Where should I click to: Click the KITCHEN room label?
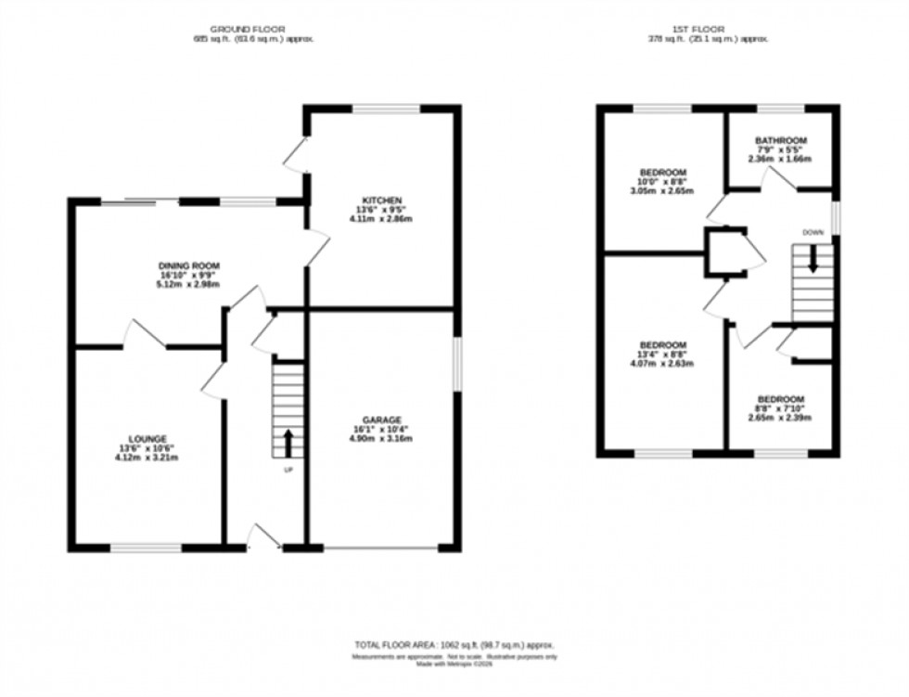(x=380, y=200)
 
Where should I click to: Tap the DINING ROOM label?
(x=189, y=265)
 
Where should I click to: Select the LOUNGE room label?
(x=147, y=439)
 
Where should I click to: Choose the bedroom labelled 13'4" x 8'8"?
(x=662, y=344)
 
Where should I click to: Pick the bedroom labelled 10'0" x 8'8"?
(x=662, y=173)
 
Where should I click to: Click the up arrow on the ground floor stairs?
(x=288, y=442)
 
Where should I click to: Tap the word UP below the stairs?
(x=288, y=470)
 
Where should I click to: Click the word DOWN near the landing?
(x=813, y=232)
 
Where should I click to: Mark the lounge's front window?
(x=147, y=549)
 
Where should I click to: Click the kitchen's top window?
(x=387, y=110)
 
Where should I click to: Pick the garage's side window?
(x=456, y=364)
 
